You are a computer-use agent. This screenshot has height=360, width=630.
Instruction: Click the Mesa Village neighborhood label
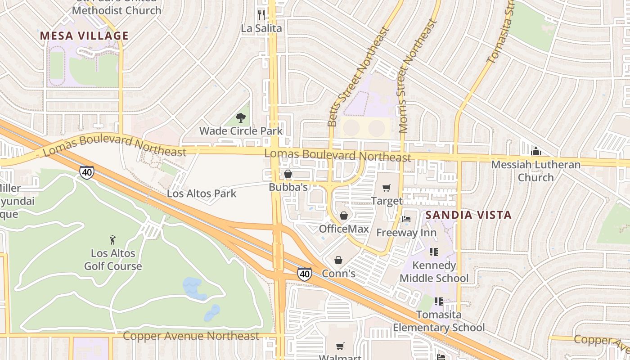click(84, 36)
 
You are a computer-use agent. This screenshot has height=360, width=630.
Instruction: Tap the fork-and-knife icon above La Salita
click(261, 14)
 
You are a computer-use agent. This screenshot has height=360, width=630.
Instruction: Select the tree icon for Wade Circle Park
click(241, 118)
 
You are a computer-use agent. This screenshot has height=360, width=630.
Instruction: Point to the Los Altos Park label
click(202, 194)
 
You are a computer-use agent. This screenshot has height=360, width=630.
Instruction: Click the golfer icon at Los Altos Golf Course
click(112, 240)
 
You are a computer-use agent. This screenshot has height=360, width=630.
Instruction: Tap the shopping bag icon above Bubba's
click(288, 174)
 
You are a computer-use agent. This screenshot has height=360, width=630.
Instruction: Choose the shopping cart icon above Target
click(386, 188)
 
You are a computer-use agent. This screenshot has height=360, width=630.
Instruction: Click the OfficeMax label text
click(344, 229)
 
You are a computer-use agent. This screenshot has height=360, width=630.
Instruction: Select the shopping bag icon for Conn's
click(338, 260)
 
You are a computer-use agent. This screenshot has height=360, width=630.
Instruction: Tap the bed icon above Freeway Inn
click(406, 220)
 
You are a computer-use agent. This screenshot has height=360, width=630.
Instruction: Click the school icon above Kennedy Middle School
click(434, 252)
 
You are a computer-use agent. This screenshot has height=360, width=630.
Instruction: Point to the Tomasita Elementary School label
click(439, 321)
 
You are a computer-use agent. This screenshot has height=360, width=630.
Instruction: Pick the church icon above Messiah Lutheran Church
click(535, 152)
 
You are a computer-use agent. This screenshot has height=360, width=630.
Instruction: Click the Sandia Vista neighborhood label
click(468, 215)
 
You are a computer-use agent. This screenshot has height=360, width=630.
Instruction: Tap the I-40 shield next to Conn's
click(305, 274)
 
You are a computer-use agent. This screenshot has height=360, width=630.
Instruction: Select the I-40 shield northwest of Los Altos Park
click(87, 172)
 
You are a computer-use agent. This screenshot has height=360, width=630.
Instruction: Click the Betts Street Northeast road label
click(358, 76)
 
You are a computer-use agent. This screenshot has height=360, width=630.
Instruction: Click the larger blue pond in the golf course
click(194, 288)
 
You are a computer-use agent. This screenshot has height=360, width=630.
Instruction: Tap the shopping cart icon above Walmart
click(340, 346)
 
